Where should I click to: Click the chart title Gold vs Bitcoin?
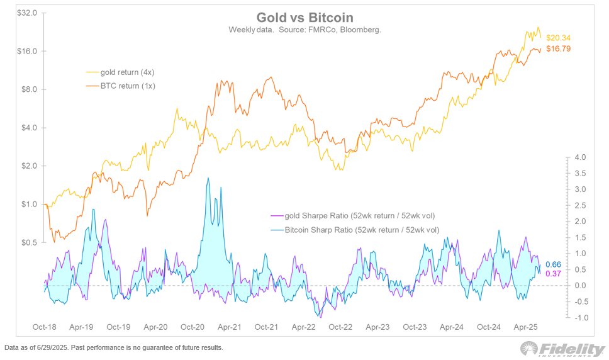[304, 17]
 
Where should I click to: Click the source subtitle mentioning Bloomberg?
[304, 30]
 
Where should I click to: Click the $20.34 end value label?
[558, 38]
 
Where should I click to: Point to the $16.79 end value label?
[558, 48]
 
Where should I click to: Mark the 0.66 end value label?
[553, 264]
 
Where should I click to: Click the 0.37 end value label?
[553, 273]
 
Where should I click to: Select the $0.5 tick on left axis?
[29, 242]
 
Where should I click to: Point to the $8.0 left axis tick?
[29, 89]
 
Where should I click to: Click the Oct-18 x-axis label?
[45, 328]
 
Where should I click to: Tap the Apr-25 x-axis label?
[525, 328]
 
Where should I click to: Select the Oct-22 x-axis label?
[340, 328]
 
